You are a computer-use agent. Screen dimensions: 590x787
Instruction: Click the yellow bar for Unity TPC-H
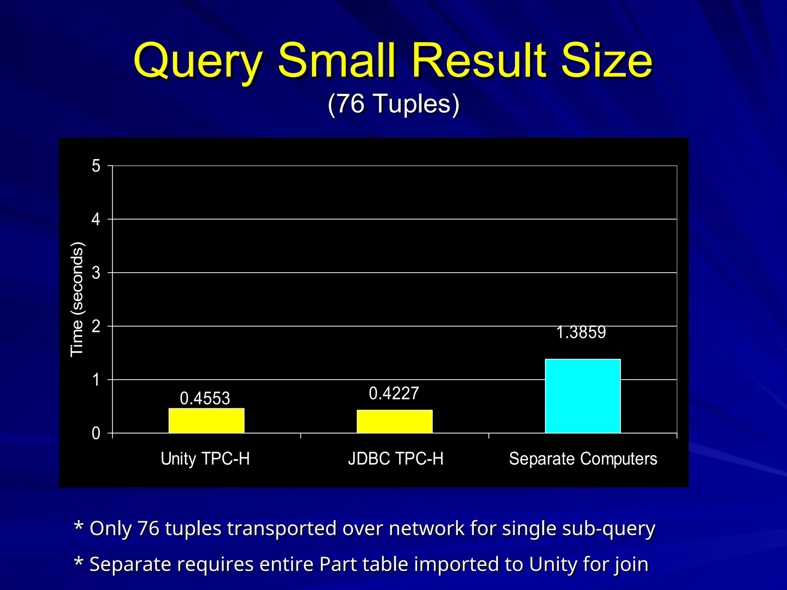point(206,421)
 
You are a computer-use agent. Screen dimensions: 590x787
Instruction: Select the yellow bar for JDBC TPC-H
point(394,421)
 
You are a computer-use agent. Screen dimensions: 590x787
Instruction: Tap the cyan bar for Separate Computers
point(583,396)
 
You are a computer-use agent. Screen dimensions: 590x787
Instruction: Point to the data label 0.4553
point(205,398)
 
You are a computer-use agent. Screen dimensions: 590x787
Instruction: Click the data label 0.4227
point(394,393)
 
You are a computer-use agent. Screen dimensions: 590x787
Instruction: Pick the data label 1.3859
point(581,332)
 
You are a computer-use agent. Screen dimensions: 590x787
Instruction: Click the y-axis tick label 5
point(96,166)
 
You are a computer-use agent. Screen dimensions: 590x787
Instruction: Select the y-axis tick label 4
point(96,219)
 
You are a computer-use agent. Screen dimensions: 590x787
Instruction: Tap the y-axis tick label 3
point(96,273)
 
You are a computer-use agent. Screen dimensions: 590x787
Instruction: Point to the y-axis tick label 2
point(96,326)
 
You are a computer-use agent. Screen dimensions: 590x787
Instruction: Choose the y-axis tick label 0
point(96,433)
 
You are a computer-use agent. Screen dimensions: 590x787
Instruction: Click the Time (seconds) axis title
point(77,300)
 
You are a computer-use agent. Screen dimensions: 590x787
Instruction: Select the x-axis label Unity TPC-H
point(205,459)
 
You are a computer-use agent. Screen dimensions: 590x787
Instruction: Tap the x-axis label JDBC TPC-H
point(395,459)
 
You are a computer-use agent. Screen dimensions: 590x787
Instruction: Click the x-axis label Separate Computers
point(583,459)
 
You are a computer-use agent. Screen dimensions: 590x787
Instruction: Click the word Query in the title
point(198,61)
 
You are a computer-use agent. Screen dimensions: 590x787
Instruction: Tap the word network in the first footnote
point(427,528)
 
